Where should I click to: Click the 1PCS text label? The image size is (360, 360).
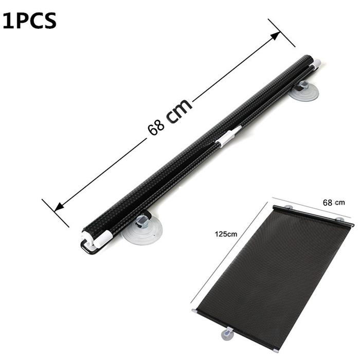29,21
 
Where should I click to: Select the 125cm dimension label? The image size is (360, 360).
226,234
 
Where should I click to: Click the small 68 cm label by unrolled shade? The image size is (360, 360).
334,203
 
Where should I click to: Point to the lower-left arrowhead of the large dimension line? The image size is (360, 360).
59,206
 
